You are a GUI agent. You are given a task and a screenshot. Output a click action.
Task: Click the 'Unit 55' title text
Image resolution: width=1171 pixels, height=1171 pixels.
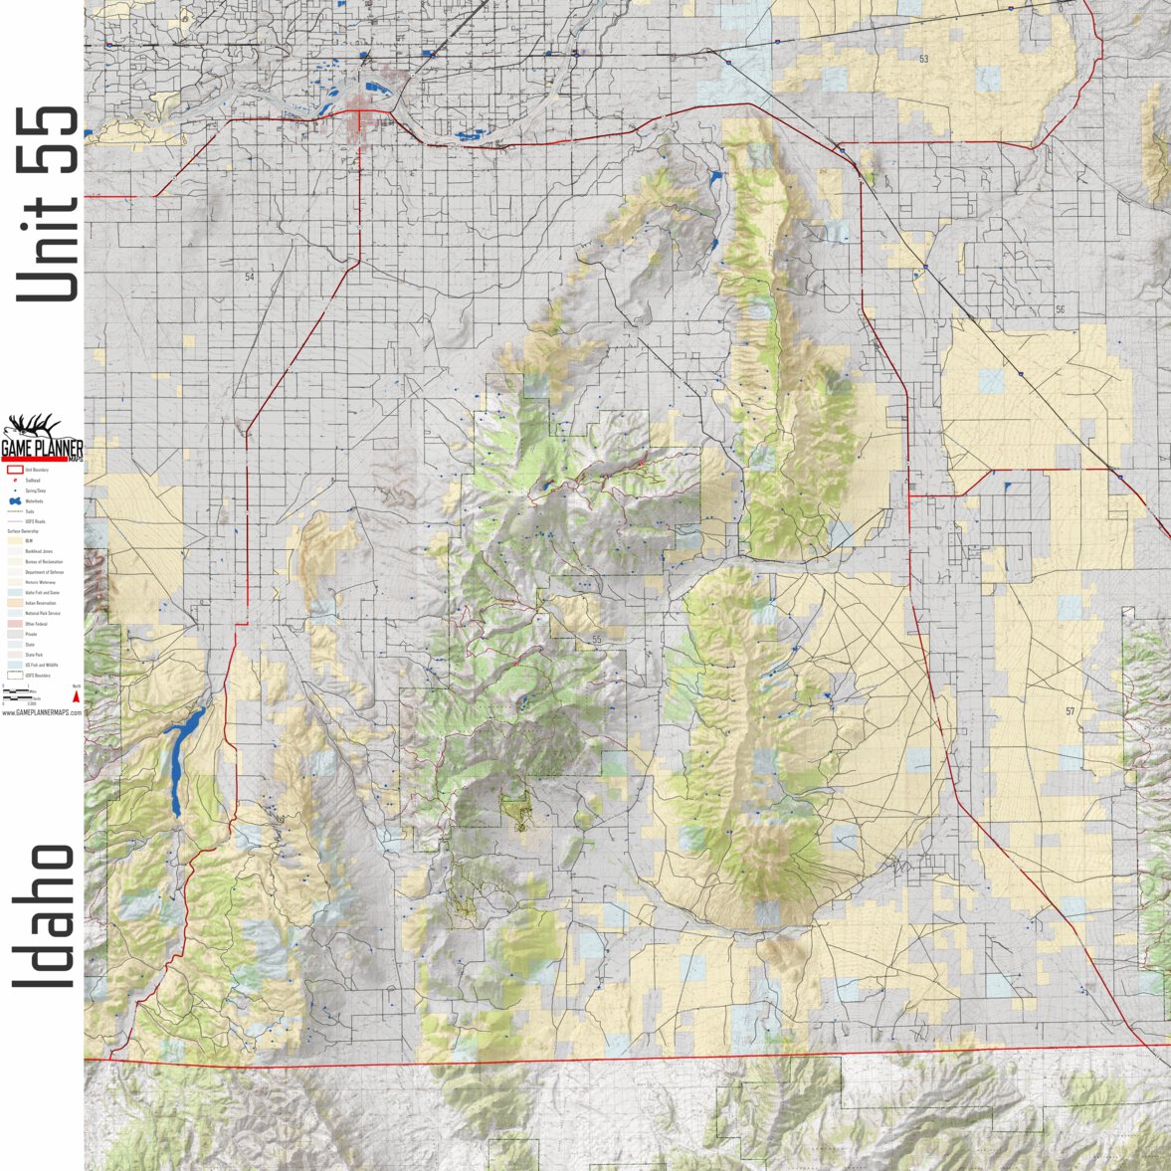(x=46, y=204)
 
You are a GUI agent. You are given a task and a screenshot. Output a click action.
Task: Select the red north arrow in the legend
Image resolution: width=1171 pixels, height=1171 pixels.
(x=76, y=697)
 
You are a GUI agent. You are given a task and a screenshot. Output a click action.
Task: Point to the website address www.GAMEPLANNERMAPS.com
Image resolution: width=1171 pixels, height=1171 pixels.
(x=42, y=712)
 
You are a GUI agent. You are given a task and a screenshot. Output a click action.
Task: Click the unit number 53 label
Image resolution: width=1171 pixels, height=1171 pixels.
(x=923, y=60)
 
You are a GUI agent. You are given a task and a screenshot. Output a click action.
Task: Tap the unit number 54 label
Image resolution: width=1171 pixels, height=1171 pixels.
(x=250, y=277)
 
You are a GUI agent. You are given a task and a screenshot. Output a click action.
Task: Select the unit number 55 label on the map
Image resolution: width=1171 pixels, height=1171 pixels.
(x=597, y=640)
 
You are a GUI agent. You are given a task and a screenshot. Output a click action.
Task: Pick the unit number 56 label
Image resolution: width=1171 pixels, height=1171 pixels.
(x=1060, y=310)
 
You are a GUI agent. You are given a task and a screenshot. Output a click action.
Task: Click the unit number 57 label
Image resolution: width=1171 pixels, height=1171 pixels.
(x=1070, y=711)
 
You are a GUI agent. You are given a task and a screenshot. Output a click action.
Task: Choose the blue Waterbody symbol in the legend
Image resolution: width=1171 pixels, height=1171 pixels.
(x=14, y=500)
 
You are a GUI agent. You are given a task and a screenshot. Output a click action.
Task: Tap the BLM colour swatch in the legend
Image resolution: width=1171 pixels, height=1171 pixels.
(x=15, y=541)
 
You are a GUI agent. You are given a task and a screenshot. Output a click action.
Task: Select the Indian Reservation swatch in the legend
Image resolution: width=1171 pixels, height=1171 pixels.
(x=15, y=603)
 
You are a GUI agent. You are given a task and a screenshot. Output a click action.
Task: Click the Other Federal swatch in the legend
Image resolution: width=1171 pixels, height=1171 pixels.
(x=15, y=624)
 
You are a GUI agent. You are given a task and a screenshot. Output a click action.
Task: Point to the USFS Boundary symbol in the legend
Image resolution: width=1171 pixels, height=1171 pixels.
(x=15, y=675)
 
